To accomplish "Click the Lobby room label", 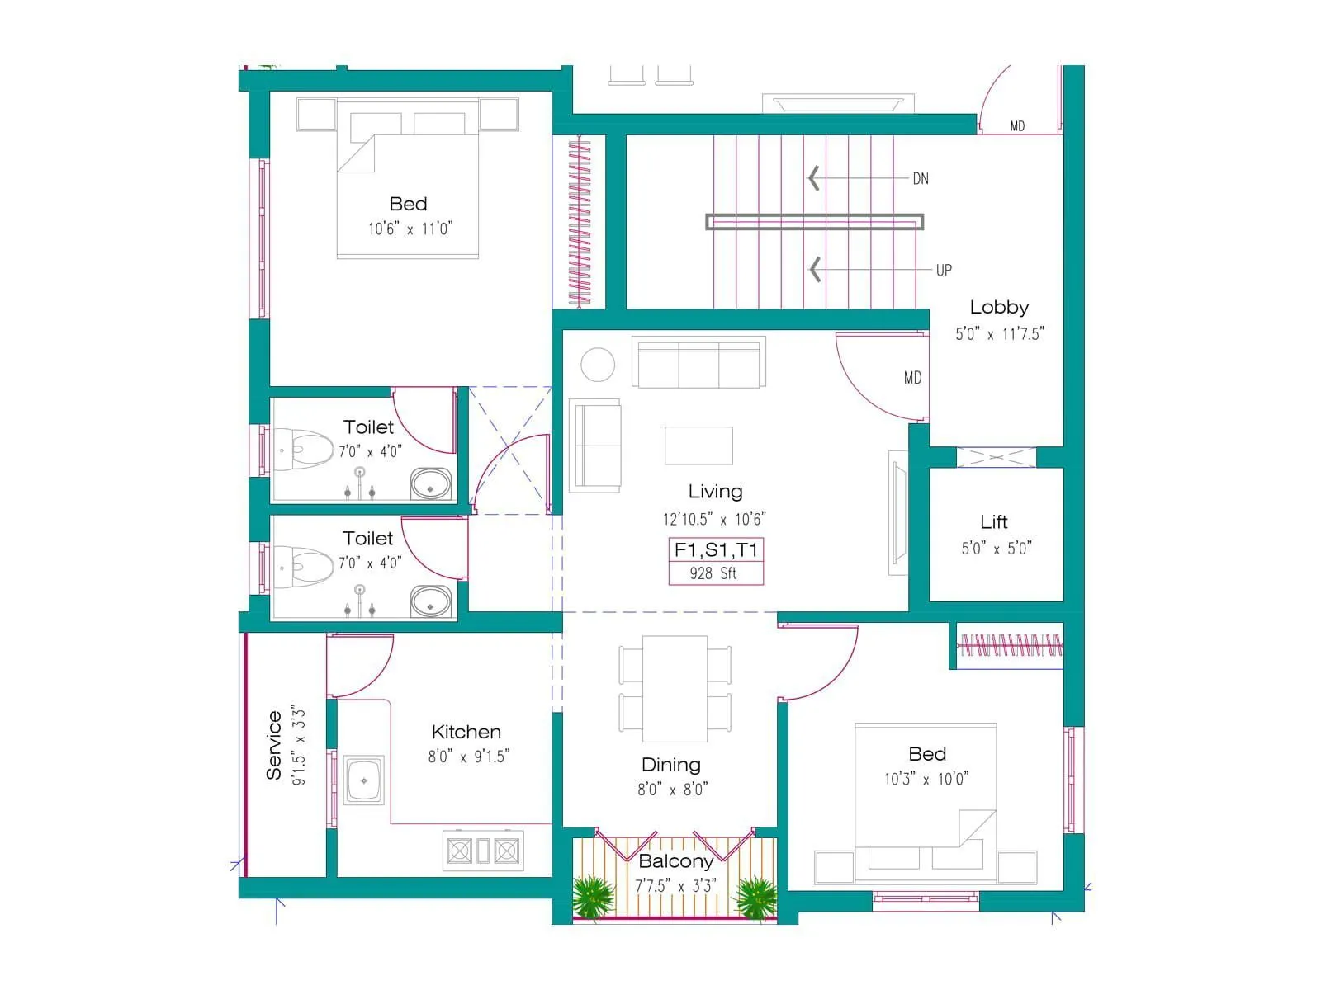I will pos(999,307).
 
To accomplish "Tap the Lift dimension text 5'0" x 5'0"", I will pos(996,549).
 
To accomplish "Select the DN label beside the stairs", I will pos(921,178).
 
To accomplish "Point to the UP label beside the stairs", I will pos(944,270).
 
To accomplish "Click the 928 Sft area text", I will pos(714,573).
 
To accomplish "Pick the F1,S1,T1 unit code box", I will pos(716,550).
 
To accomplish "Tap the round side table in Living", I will pos(598,364).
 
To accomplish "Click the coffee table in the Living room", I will pos(698,445).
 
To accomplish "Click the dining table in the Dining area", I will pos(675,689).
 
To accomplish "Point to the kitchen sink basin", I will pos(364,780).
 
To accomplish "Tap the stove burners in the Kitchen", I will pos(483,850).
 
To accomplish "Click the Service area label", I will pos(274,746).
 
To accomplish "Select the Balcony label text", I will pos(675,861).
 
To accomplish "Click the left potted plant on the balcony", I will pos(593,896).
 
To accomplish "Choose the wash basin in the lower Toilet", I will pos(431,601).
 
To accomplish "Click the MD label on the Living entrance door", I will pos(912,378).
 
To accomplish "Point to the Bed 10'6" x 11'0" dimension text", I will pos(410,229).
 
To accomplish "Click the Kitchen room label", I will pos(466,732).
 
